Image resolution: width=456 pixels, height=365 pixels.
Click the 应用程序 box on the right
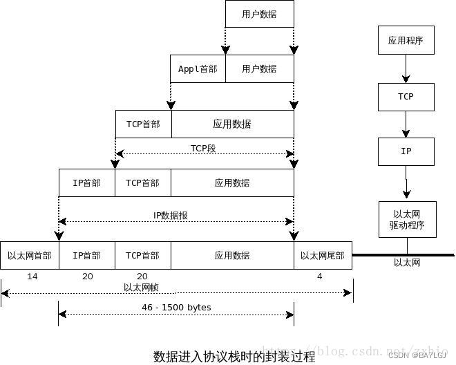coord(406,40)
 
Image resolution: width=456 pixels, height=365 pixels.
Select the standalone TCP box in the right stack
coord(406,97)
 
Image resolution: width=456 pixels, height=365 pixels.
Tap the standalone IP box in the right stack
coord(406,150)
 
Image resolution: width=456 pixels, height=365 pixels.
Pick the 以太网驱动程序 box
coord(407,219)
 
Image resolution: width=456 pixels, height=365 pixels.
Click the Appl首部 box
coord(198,69)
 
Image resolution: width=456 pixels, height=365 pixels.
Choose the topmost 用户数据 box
coord(259,14)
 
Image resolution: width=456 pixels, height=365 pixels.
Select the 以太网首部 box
coord(30,255)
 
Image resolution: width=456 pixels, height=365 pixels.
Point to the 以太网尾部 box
coord(323,255)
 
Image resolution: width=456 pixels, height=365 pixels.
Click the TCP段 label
coord(204,148)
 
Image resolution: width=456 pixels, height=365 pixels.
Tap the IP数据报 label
coord(170,215)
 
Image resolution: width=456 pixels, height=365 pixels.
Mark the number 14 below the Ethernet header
coord(32,277)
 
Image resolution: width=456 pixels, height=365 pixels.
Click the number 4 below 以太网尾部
coord(319,277)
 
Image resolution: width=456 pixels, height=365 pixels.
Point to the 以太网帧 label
coord(142,288)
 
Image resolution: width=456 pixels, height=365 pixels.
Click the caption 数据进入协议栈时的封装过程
coord(234,357)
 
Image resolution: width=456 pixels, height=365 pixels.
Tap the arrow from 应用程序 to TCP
coord(406,69)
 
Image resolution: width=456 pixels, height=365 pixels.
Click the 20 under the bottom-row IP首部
coord(87,277)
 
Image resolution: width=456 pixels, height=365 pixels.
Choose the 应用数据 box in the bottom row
coord(232,255)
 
